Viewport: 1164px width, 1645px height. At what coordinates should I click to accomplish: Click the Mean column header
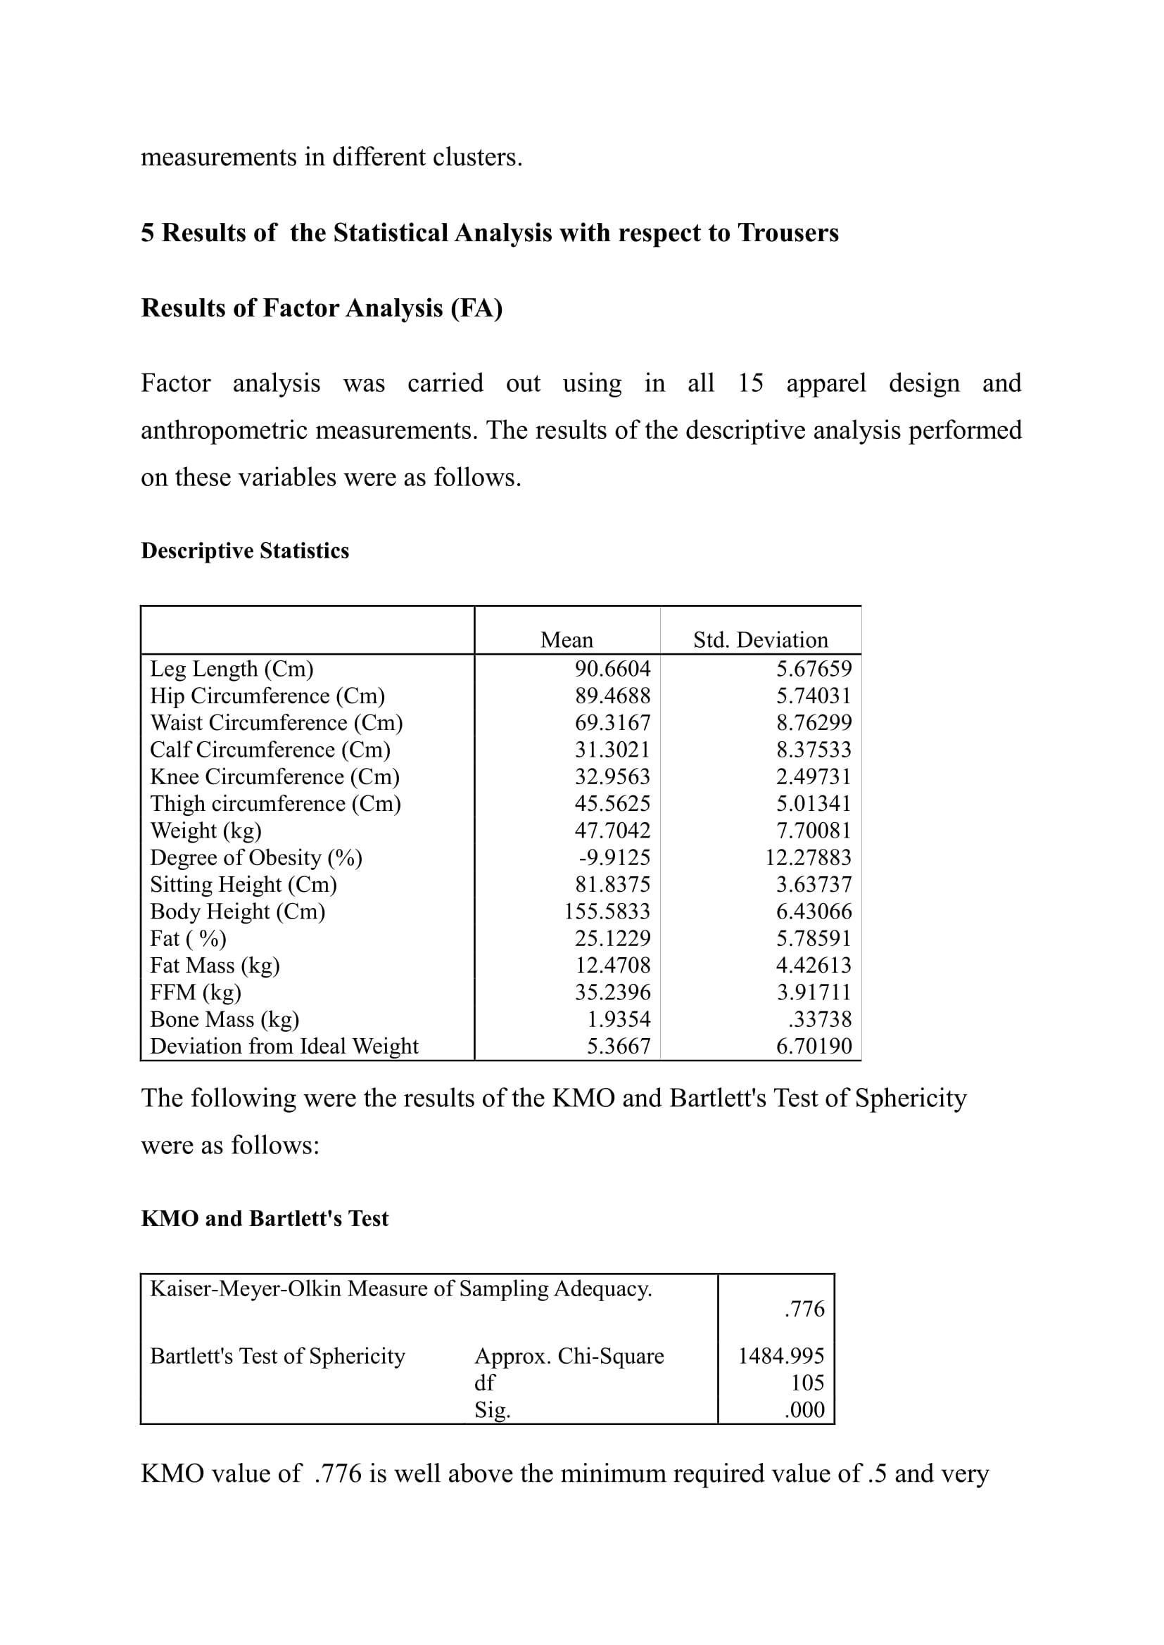click(x=567, y=640)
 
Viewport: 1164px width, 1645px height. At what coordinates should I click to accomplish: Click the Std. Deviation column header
click(x=760, y=640)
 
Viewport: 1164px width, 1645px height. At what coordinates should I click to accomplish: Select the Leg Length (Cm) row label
click(x=232, y=669)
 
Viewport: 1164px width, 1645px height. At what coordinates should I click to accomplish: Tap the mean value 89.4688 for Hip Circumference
click(x=612, y=696)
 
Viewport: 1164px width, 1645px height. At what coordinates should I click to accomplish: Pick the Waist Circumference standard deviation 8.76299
click(x=814, y=723)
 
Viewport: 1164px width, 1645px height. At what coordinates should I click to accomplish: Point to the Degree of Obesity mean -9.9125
click(x=614, y=857)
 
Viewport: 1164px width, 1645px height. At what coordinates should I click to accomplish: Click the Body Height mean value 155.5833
click(x=607, y=911)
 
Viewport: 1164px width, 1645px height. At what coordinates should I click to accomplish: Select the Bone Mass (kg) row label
click(x=224, y=1020)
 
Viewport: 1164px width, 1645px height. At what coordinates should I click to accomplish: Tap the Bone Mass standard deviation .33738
click(x=819, y=1020)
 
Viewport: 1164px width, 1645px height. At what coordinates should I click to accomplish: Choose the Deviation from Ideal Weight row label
click(x=284, y=1046)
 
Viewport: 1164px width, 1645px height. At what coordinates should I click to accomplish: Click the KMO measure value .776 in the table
click(x=804, y=1309)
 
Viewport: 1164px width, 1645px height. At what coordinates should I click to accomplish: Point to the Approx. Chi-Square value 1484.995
click(x=780, y=1355)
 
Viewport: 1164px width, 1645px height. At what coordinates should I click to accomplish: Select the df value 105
click(x=807, y=1383)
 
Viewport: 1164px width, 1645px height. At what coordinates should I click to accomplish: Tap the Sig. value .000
click(x=804, y=1410)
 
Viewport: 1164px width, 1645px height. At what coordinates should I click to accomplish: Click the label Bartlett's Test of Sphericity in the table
click(x=277, y=1355)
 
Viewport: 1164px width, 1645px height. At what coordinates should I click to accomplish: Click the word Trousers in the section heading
click(x=787, y=233)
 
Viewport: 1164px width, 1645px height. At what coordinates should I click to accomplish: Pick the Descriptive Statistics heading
click(x=245, y=550)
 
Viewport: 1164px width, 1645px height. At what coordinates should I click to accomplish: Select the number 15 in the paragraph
click(x=750, y=383)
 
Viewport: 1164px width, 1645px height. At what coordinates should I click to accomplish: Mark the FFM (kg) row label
click(x=195, y=992)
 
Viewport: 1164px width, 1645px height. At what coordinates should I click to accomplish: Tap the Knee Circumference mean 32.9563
click(x=612, y=776)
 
